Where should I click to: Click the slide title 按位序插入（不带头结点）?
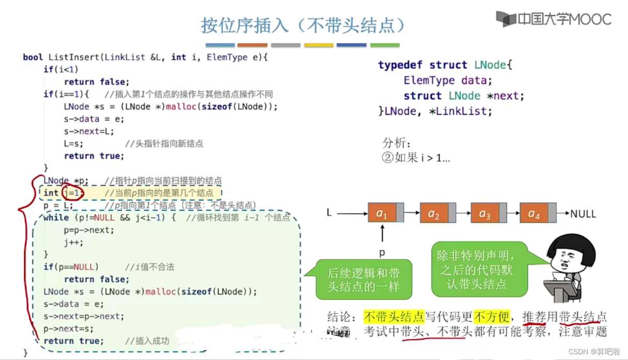click(302, 24)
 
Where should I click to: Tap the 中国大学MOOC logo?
click(553, 19)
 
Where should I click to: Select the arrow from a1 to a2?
click(411, 212)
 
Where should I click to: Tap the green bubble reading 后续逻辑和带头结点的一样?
click(363, 280)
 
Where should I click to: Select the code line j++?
click(73, 242)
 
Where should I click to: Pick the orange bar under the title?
click(252, 45)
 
